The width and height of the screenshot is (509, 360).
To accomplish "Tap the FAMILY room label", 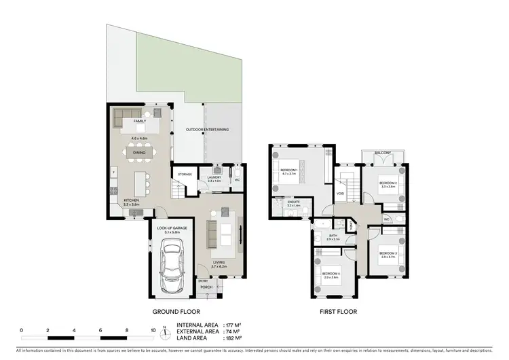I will click(x=140, y=121).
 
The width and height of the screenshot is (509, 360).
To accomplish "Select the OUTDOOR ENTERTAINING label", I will click(x=208, y=129).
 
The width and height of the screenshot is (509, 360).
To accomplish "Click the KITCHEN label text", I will click(x=132, y=200).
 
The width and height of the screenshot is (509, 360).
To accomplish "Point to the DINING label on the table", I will click(x=138, y=153).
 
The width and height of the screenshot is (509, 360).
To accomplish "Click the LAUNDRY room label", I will click(x=215, y=178).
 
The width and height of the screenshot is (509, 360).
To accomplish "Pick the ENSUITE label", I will click(x=293, y=202).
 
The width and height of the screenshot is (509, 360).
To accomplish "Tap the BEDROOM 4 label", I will click(x=332, y=274).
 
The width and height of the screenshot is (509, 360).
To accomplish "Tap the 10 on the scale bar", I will click(x=153, y=330).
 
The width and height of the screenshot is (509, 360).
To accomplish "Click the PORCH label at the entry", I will click(x=206, y=287).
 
